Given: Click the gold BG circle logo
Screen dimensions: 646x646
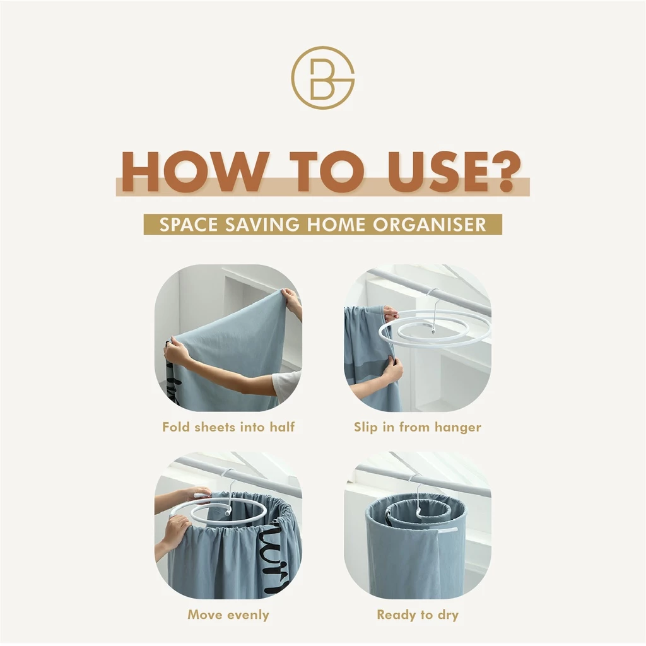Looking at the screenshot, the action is click(323, 78).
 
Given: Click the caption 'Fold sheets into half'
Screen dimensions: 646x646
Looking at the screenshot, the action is click(228, 427).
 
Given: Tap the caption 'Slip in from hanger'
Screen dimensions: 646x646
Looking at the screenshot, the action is click(418, 427).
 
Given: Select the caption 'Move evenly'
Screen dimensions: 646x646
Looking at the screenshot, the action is click(228, 614).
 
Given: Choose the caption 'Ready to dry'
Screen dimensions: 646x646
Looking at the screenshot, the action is click(418, 615).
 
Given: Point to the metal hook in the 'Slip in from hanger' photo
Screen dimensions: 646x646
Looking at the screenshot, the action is click(433, 309).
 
